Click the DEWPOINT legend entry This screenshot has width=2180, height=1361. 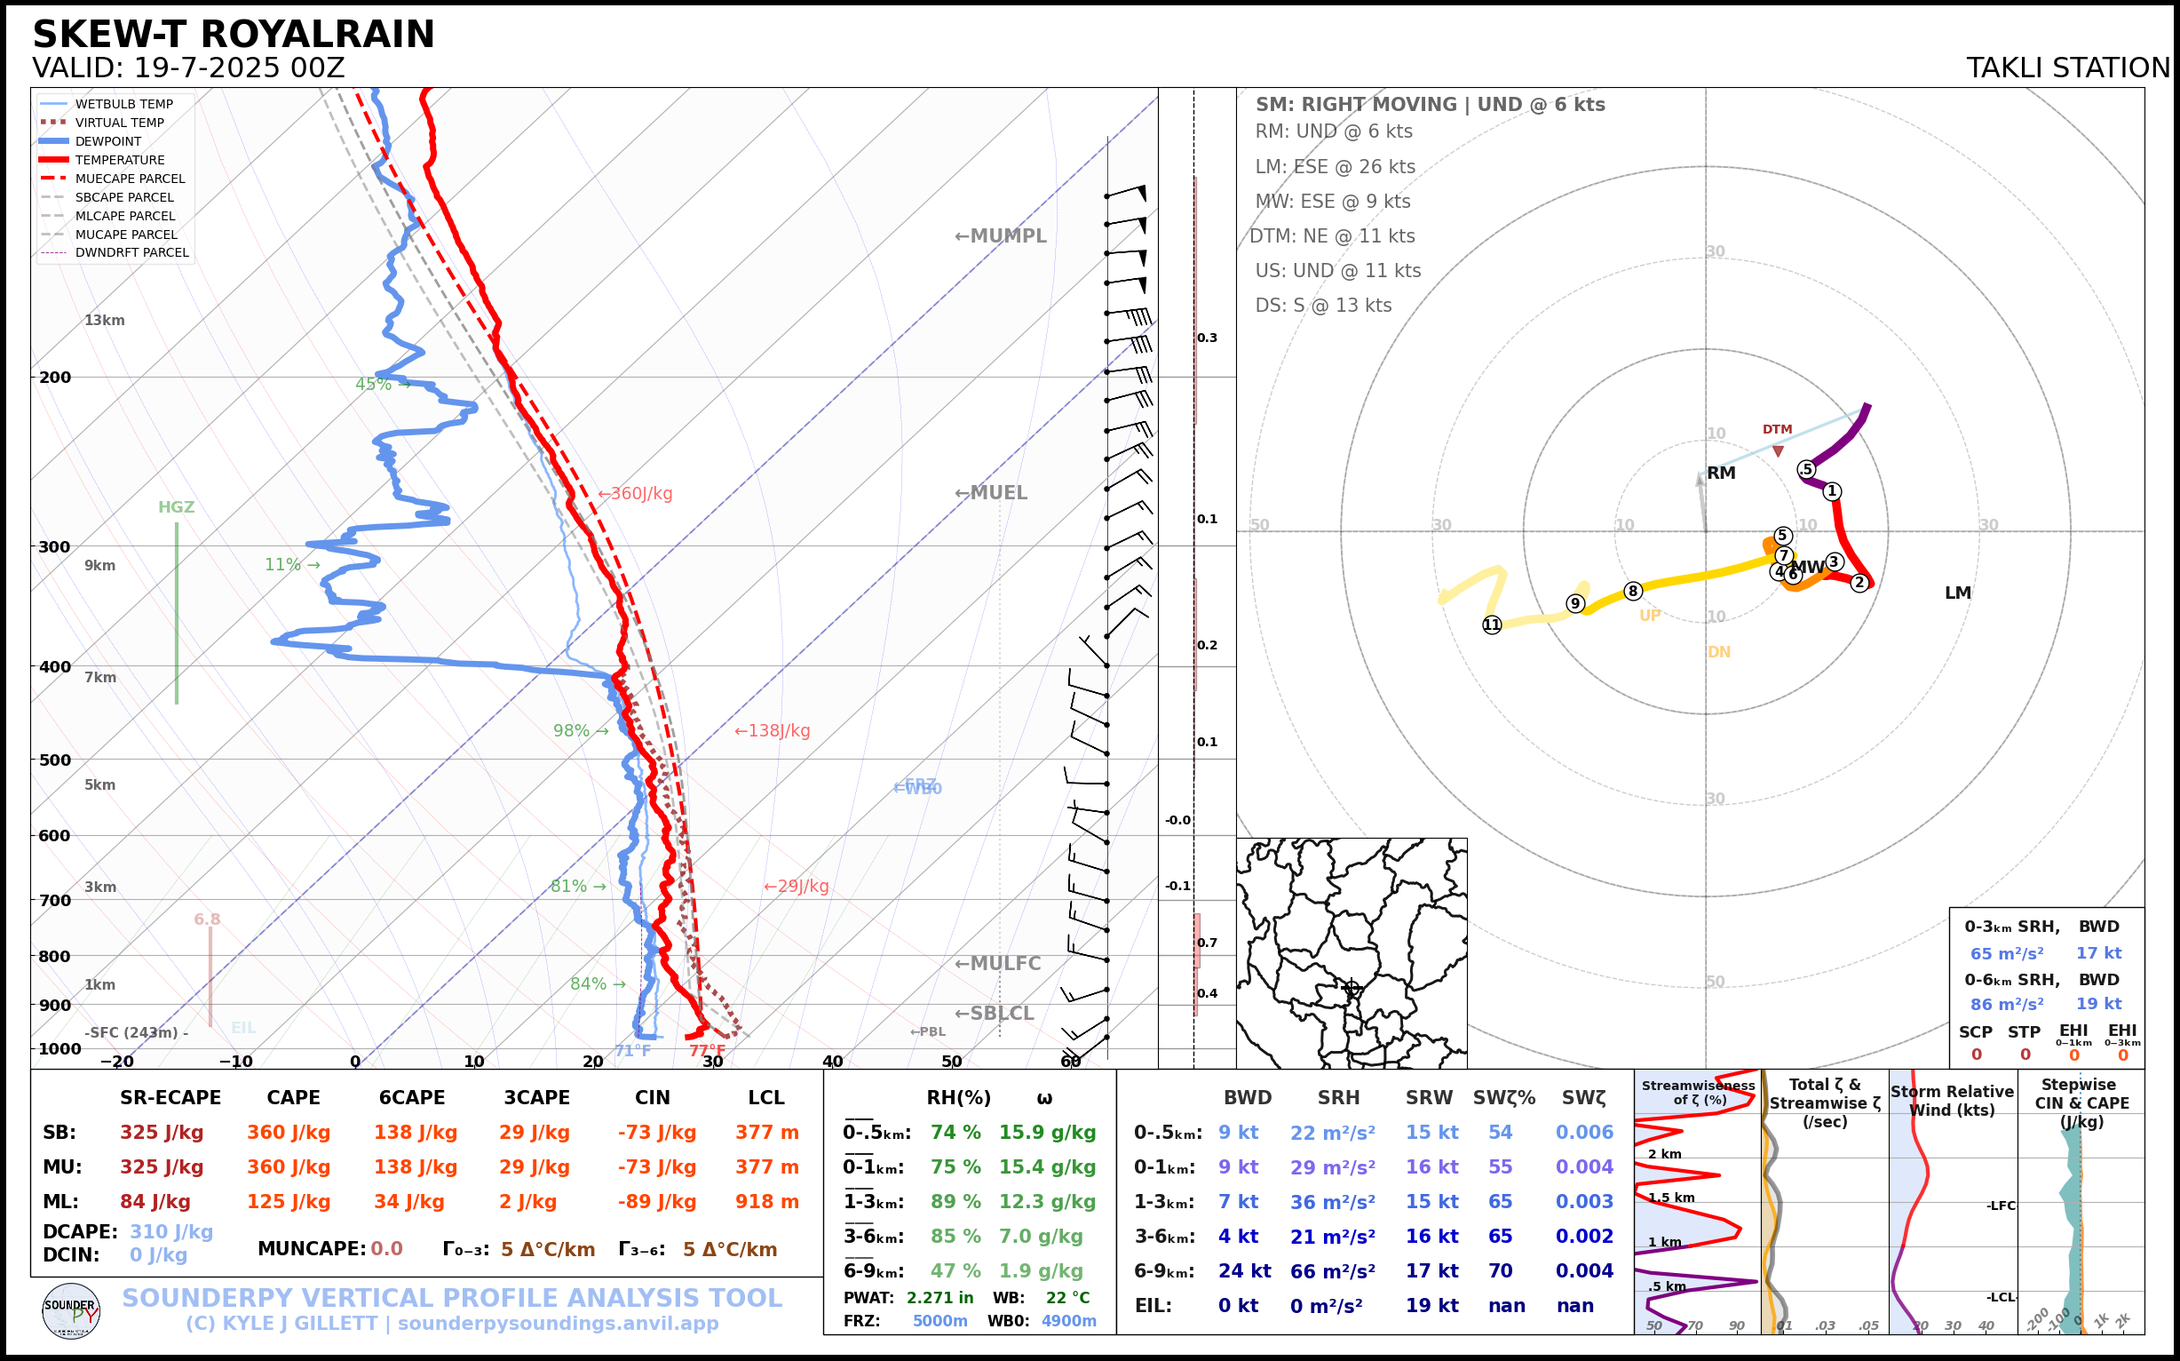coord(108,141)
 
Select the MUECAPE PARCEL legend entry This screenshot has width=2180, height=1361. coord(130,179)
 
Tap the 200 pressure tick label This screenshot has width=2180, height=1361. coord(55,378)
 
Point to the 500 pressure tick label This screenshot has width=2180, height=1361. coord(55,760)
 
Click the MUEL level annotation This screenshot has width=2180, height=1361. coord(991,493)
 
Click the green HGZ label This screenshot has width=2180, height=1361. coord(177,506)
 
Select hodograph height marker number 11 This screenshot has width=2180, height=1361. coord(1492,625)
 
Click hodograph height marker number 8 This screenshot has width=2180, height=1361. coord(1633,592)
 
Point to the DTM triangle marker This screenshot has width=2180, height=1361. coord(1778,451)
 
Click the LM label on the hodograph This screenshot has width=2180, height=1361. coord(1958,593)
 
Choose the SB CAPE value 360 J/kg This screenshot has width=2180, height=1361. coord(289,1133)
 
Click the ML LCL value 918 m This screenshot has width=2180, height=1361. coord(766,1202)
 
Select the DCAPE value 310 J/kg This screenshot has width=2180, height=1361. coord(171,1231)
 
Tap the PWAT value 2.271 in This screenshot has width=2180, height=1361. coord(939,1298)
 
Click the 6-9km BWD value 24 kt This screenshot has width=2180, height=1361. coord(1244,1271)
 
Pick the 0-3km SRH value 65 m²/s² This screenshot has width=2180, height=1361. coord(2006,953)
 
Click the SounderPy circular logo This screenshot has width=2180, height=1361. coord(71,1310)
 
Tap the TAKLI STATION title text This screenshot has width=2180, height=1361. coord(2067,68)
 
